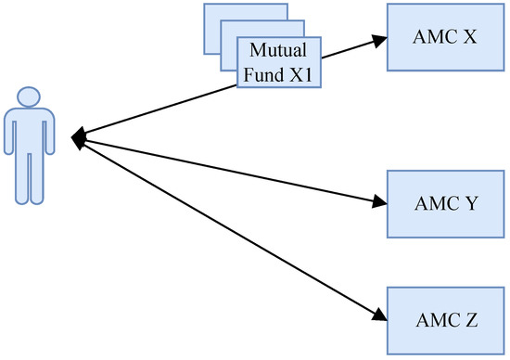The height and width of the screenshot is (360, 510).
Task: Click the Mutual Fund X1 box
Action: pos(277,63)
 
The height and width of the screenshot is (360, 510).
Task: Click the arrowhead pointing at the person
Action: pos(78,137)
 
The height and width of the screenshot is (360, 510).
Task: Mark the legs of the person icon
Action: pos(29,181)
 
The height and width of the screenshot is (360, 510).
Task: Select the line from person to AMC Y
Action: pos(232,170)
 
